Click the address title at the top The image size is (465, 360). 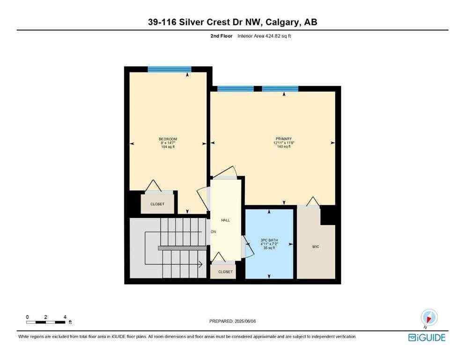click(x=232, y=22)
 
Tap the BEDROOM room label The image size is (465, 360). click(x=168, y=139)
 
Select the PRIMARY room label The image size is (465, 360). click(x=283, y=139)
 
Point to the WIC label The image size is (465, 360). click(x=316, y=247)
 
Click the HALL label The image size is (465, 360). click(x=225, y=220)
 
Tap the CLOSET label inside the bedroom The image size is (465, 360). click(x=157, y=204)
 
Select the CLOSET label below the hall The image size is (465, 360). click(x=225, y=272)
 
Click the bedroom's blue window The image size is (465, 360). click(x=170, y=69)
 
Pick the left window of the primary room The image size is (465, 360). click(x=236, y=89)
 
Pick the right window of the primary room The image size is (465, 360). click(x=280, y=89)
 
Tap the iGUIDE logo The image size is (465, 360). click(x=427, y=337)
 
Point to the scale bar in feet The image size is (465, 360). click(x=46, y=322)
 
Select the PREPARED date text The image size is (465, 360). click(x=232, y=321)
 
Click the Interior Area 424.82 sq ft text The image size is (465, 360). click(x=264, y=36)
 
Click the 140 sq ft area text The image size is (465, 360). click(x=283, y=147)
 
